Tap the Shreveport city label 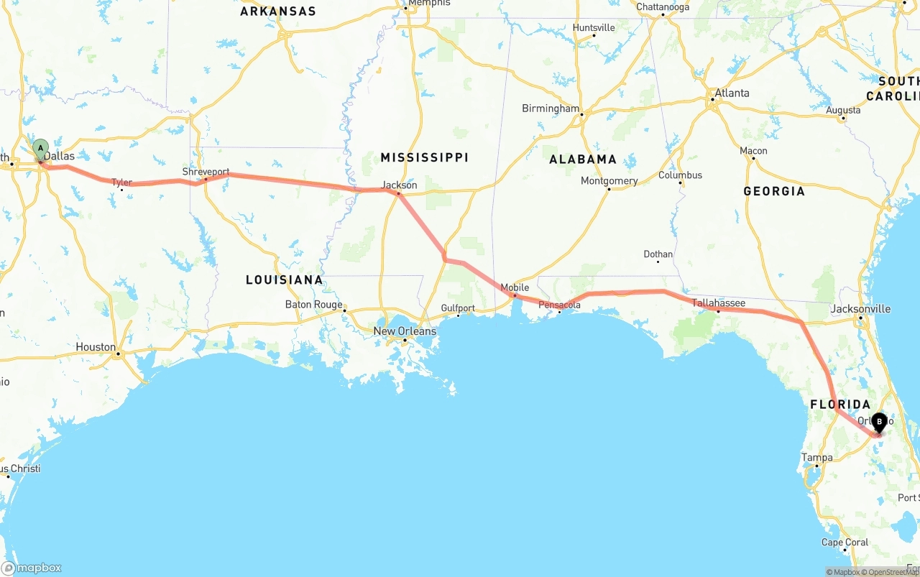(206, 172)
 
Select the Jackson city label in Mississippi (399, 185)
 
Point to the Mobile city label (515, 287)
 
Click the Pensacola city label (559, 305)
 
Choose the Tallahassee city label (719, 303)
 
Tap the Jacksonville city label (860, 309)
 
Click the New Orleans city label (405, 331)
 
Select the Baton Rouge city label (314, 304)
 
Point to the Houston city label (96, 347)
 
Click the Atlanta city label (732, 93)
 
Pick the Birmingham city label (551, 109)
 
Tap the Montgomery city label (609, 181)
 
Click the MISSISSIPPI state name (424, 157)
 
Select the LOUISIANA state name (285, 280)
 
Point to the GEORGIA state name (774, 191)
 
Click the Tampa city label (817, 457)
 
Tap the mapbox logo (32, 568)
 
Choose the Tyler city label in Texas (121, 183)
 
